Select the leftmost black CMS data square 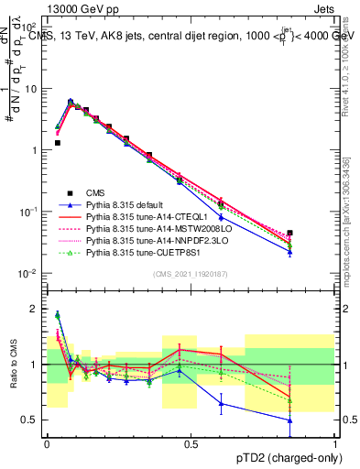tap(57, 143)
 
